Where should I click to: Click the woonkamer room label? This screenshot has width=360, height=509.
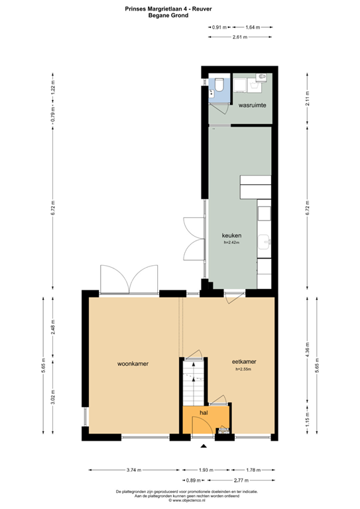(x=131, y=363)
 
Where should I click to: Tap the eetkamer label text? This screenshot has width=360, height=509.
(x=244, y=361)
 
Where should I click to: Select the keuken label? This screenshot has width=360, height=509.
(x=231, y=235)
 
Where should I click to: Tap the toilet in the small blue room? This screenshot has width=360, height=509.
(x=218, y=85)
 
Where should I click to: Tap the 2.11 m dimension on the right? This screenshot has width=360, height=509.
(x=306, y=98)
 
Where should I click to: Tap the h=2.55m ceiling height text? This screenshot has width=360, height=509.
(x=244, y=369)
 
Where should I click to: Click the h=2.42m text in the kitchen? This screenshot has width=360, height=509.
(x=231, y=243)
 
